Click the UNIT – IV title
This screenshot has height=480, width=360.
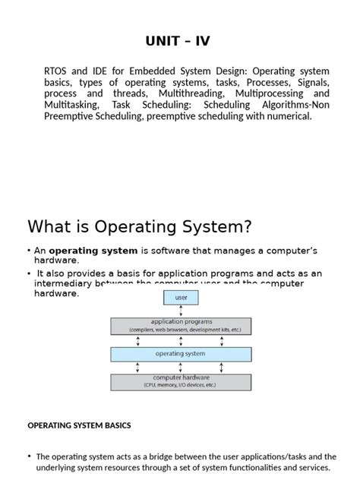pos(180,40)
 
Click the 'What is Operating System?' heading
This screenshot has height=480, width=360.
pos(139,226)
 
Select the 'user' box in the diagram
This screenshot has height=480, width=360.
pos(181,297)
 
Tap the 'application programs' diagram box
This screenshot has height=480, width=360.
pos(181,326)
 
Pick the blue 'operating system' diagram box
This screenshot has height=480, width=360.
pos(181,354)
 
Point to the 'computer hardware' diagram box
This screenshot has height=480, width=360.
pos(181,381)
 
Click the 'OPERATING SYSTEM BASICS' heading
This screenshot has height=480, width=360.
pos(79,425)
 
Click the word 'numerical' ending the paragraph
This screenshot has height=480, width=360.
pos(289,116)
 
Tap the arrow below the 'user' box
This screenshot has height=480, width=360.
pos(181,311)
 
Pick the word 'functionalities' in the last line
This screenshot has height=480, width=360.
pos(238,468)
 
